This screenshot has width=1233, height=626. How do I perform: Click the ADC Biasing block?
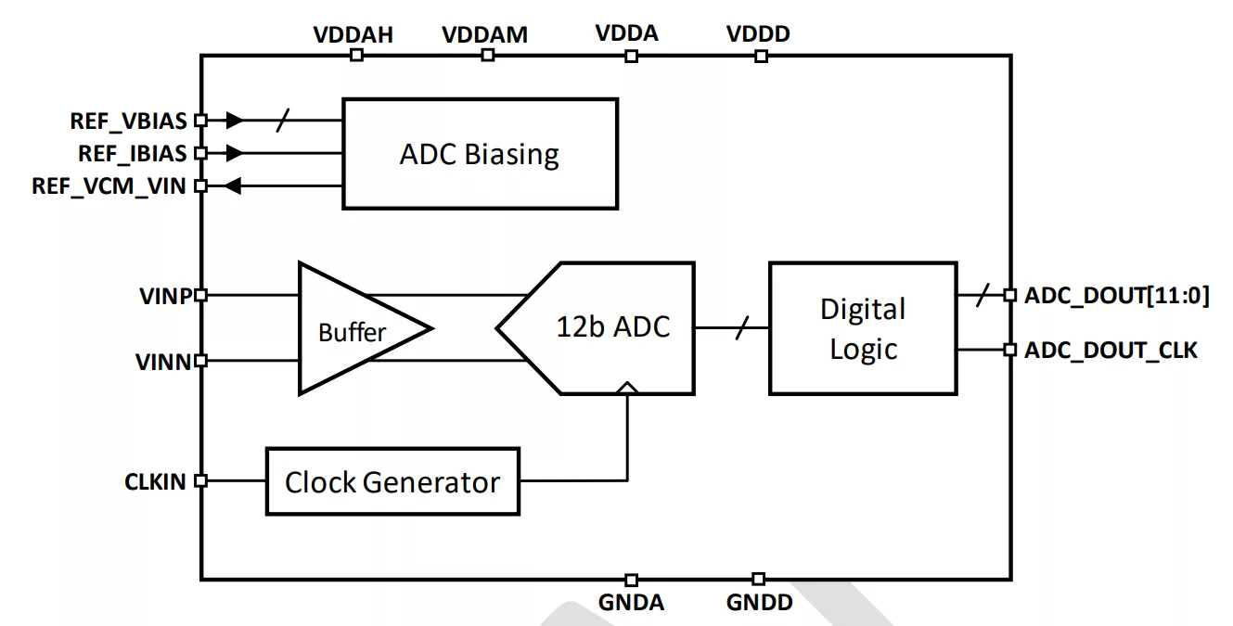tap(480, 154)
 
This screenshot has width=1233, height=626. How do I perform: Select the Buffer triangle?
tap(353, 329)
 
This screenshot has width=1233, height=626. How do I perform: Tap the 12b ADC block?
tap(611, 327)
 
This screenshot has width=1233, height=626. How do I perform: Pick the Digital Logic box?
tap(863, 328)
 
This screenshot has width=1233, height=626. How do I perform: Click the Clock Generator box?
tap(392, 481)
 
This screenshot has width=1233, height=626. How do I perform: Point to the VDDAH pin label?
tap(353, 35)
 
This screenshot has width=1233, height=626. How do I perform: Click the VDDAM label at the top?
tap(484, 35)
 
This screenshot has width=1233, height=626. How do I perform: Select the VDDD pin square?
tap(761, 56)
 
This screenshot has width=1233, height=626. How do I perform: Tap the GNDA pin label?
tap(631, 603)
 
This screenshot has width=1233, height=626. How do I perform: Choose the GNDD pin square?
tap(759, 580)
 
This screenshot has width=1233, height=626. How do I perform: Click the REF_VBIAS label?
tap(128, 121)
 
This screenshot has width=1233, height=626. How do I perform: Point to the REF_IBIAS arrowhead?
tap(234, 153)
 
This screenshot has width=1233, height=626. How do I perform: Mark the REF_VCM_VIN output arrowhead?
tap(233, 186)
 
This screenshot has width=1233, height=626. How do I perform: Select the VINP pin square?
tap(200, 296)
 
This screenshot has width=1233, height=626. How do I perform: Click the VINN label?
tap(163, 362)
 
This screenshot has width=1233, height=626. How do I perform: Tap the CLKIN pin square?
tap(200, 481)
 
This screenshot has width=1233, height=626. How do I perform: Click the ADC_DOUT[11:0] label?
tap(1116, 296)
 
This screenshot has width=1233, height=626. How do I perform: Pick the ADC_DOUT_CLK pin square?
tap(1010, 350)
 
